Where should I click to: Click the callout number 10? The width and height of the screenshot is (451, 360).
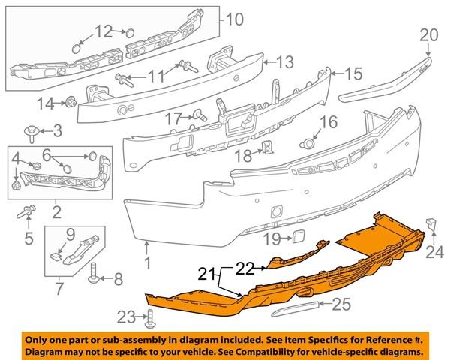click(x=235, y=19)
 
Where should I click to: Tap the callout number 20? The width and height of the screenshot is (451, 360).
click(x=429, y=35)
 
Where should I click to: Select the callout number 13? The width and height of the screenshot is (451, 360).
click(x=284, y=62)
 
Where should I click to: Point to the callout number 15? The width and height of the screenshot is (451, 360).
click(x=353, y=74)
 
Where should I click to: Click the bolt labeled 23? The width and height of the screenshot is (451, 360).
click(x=150, y=319)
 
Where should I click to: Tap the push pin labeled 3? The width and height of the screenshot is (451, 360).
click(x=30, y=133)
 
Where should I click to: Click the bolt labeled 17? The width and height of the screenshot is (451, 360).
click(x=200, y=115)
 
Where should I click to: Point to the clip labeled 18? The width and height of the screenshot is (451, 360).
click(x=267, y=147)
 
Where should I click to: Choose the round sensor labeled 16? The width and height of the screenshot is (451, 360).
click(x=308, y=144)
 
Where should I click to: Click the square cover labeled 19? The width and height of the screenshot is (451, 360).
click(x=299, y=238)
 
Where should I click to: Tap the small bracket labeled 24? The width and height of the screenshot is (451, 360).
click(x=431, y=224)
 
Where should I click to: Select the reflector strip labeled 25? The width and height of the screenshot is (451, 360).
click(x=295, y=309)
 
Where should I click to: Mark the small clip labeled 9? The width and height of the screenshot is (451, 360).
click(x=56, y=256)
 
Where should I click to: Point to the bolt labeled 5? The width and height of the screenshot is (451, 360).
click(x=26, y=211)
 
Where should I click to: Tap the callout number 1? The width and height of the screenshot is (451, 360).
click(x=147, y=262)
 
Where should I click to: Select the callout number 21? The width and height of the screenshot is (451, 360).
click(x=207, y=274)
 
